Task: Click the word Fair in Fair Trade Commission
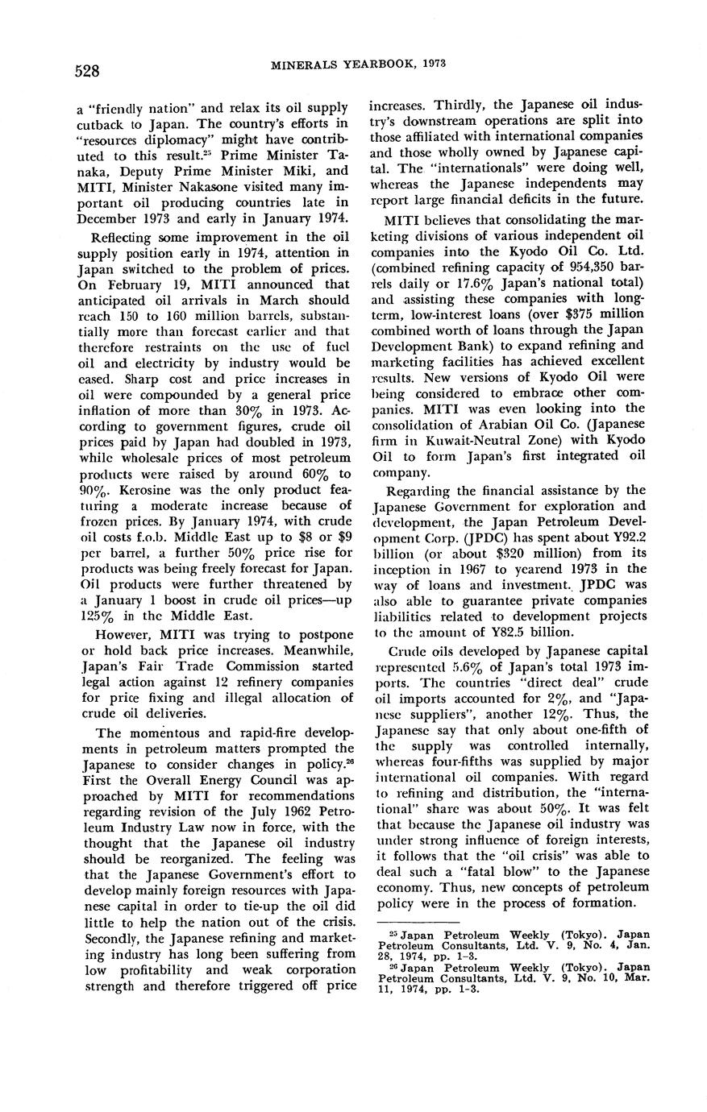pyautogui.click(x=164, y=666)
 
